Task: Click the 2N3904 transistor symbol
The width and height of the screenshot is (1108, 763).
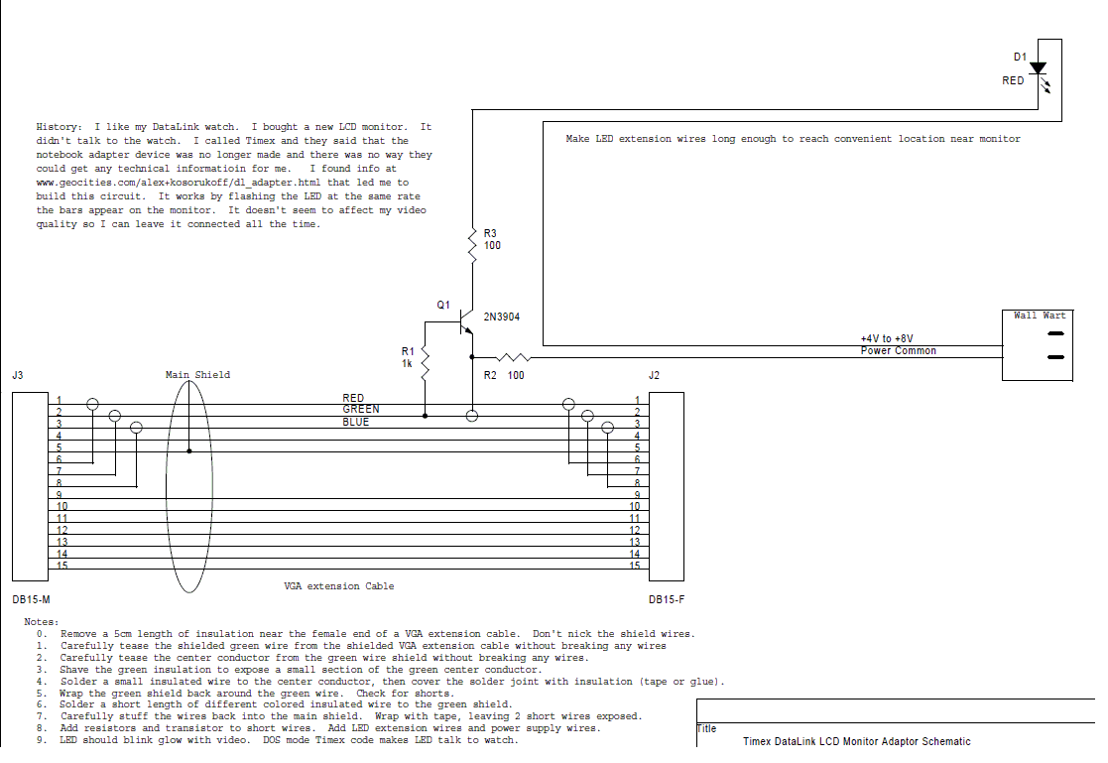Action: (x=465, y=322)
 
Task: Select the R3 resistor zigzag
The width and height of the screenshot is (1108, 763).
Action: (x=472, y=245)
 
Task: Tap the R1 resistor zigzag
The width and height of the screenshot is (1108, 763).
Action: (x=425, y=363)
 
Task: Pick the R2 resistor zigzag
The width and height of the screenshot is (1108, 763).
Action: (x=513, y=358)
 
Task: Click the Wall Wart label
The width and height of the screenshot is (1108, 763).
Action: (x=1039, y=316)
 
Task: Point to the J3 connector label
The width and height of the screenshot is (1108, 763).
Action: (x=18, y=375)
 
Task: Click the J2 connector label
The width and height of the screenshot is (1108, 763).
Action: (x=654, y=375)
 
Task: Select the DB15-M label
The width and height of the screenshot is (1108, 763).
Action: (x=31, y=599)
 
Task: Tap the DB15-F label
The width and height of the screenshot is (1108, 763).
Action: (x=667, y=599)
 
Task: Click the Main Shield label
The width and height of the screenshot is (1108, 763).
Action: (x=197, y=375)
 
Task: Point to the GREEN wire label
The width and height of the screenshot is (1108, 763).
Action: (x=361, y=410)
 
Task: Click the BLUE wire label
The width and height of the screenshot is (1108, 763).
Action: (x=356, y=422)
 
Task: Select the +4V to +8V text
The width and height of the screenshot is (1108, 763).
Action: (x=887, y=338)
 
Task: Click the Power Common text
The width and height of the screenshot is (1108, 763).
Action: (x=898, y=350)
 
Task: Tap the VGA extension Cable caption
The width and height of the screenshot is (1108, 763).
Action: (x=339, y=586)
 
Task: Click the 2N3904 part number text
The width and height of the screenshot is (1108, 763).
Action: (x=502, y=317)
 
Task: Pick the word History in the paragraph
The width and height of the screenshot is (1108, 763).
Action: (x=58, y=127)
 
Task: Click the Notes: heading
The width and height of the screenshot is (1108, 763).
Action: (x=42, y=622)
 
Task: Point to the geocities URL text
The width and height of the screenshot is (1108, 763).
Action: (x=179, y=183)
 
